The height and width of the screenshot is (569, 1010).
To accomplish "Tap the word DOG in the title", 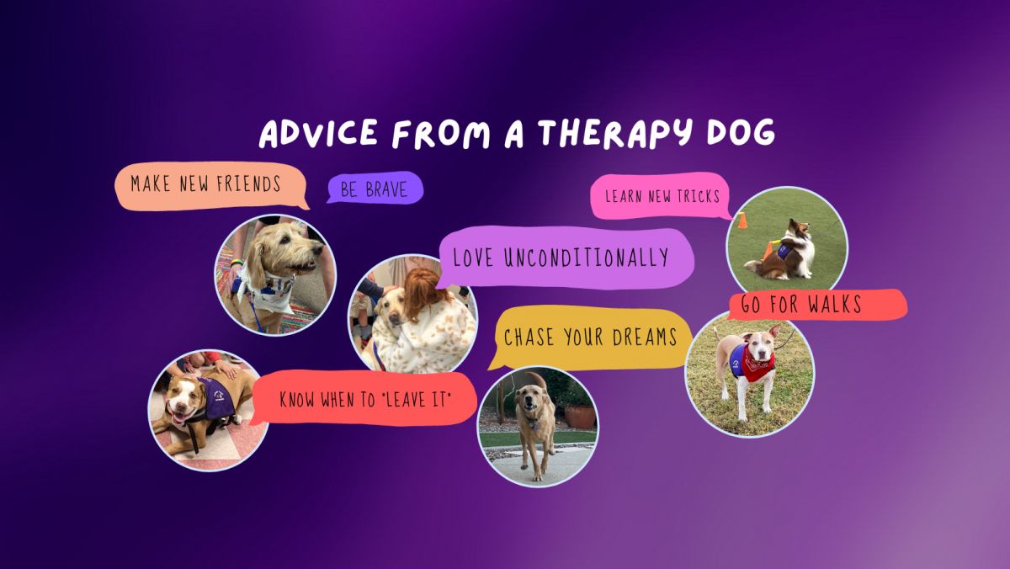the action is point(741,132).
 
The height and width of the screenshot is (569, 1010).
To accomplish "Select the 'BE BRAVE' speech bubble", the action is point(375,189).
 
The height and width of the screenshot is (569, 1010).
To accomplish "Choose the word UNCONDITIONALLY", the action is point(586,258).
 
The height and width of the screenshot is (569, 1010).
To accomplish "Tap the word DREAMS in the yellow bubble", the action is point(645,337).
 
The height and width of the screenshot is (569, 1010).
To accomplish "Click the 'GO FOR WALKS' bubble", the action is point(817,305).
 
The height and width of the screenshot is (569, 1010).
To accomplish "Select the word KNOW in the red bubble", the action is point(296,400).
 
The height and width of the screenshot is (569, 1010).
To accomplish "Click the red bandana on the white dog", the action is point(758,362).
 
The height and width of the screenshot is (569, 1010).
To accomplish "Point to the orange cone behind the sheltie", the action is point(742,220).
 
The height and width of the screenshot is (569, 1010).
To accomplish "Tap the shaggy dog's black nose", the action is point(320,248).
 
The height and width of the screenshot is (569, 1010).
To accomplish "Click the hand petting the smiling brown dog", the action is point(226,369).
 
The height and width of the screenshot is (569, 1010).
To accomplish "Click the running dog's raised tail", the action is point(538,380).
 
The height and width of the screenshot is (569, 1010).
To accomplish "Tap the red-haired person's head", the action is point(423,290).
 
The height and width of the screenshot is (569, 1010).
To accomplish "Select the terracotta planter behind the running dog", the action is point(579,416).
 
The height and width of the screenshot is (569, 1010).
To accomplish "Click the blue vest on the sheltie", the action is point(784,252).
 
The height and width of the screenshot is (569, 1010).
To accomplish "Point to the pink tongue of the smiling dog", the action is point(180,418).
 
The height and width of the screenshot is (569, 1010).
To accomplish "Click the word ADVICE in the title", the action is point(318,134).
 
